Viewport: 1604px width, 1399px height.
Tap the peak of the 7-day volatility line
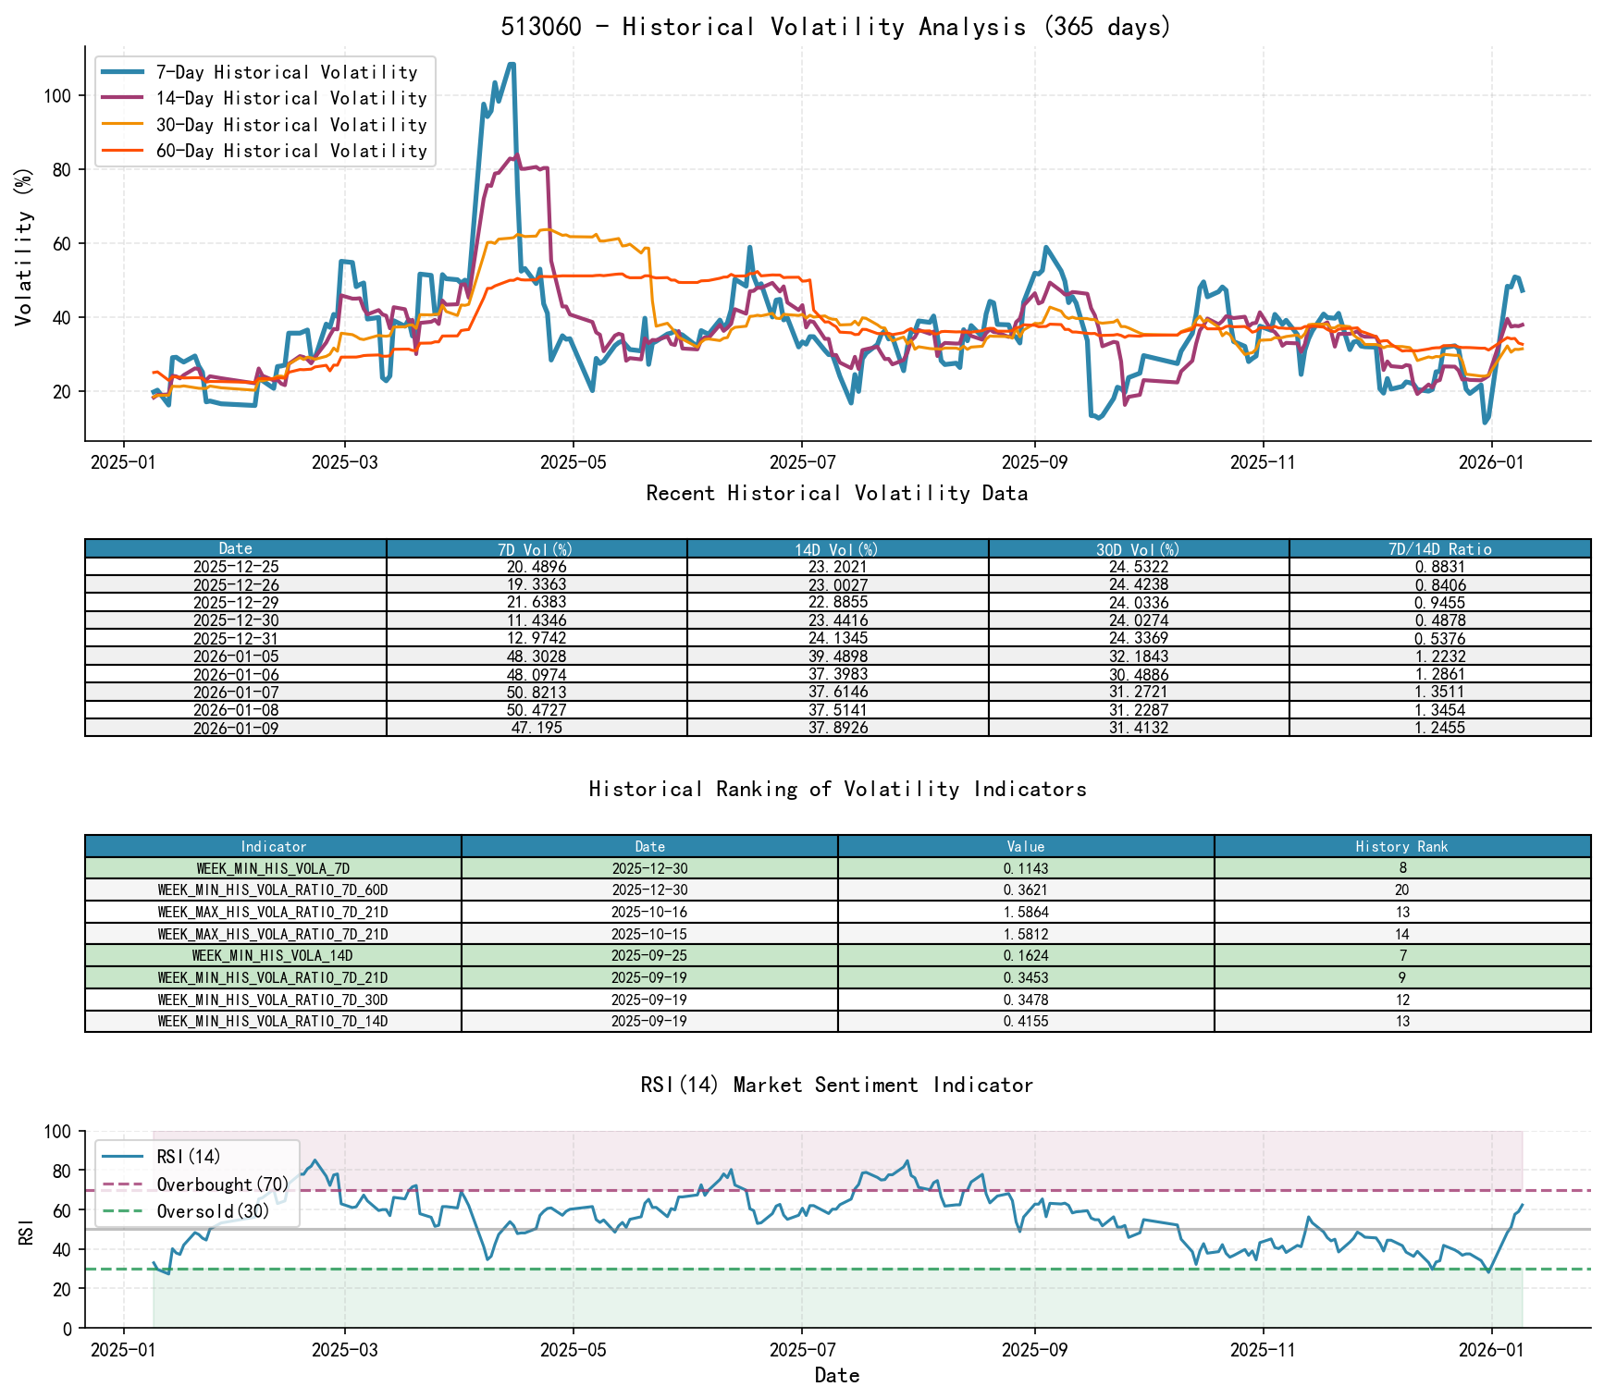click(x=512, y=65)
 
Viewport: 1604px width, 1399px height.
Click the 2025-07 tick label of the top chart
click(x=800, y=462)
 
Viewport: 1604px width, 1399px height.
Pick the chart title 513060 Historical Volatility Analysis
click(x=836, y=27)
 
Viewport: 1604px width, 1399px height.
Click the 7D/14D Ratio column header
click(x=1439, y=549)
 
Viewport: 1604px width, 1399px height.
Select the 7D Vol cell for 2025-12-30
click(x=537, y=620)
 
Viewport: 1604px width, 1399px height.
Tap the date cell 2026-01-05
click(x=236, y=657)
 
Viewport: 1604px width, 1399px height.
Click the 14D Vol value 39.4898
click(x=837, y=657)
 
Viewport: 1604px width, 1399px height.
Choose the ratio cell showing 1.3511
click(x=1439, y=693)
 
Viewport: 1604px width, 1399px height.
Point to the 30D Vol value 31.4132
click(x=1139, y=728)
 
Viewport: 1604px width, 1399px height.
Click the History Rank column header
click(x=1401, y=846)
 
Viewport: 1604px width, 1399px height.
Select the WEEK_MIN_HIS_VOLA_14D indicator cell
click(x=273, y=955)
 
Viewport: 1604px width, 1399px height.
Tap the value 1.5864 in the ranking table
click(x=1025, y=912)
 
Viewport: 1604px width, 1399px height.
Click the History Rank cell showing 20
click(x=1401, y=890)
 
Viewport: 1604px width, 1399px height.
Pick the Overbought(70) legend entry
click(x=222, y=1184)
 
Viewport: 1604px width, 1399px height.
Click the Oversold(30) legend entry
click(x=213, y=1211)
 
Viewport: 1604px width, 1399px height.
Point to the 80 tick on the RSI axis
click(x=61, y=1172)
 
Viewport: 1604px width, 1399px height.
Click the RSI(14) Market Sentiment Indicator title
click(x=836, y=1085)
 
